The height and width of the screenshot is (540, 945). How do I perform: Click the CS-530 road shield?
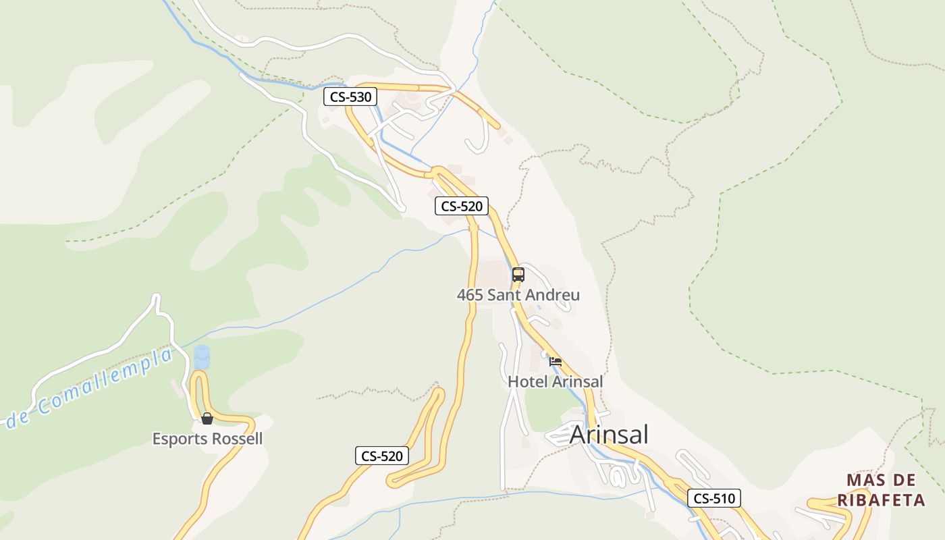click(350, 97)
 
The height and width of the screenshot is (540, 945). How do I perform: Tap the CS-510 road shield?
click(714, 499)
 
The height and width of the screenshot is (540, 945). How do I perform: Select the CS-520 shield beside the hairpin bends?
click(382, 456)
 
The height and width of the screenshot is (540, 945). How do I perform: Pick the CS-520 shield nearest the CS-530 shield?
click(462, 206)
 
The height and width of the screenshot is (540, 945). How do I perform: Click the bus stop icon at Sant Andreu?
click(518, 275)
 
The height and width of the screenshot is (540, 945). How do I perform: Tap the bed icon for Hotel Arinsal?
click(556, 362)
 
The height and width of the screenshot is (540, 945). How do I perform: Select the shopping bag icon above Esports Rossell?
click(207, 418)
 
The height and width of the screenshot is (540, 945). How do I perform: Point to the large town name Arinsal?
click(609, 435)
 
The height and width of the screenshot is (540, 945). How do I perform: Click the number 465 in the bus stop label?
click(470, 295)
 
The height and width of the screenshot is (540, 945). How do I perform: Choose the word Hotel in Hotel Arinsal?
click(528, 381)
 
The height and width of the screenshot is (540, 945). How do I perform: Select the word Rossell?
click(237, 439)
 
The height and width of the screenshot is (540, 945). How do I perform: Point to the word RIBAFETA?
click(881, 500)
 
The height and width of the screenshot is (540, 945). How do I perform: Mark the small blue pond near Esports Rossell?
click(202, 357)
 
